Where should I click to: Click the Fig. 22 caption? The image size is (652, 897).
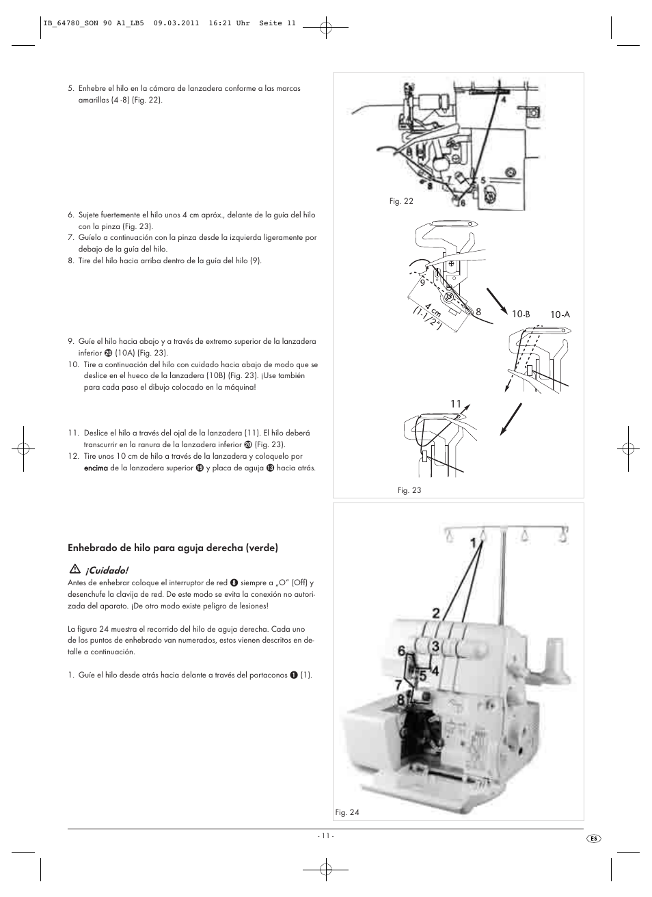pos(401,202)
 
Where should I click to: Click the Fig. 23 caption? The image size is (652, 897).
pos(409,490)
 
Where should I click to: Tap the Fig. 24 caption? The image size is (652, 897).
pos(347,812)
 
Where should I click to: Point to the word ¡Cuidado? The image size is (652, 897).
pos(106,570)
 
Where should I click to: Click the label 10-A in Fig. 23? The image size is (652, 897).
pos(560,314)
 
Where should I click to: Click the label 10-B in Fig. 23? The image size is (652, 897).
pos(521,314)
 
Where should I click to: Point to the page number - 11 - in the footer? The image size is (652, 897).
pos(325,835)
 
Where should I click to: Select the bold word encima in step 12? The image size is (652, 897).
pos(96,468)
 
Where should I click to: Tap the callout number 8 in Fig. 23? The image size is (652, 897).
pos(478,312)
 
